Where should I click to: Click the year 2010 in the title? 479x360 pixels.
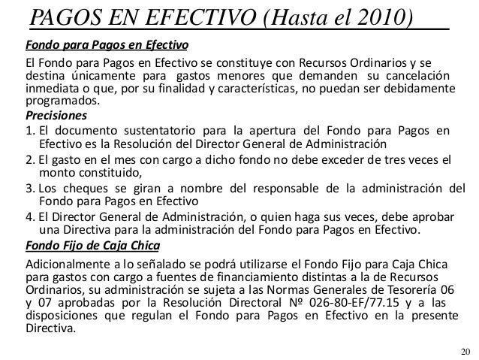[381, 17]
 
